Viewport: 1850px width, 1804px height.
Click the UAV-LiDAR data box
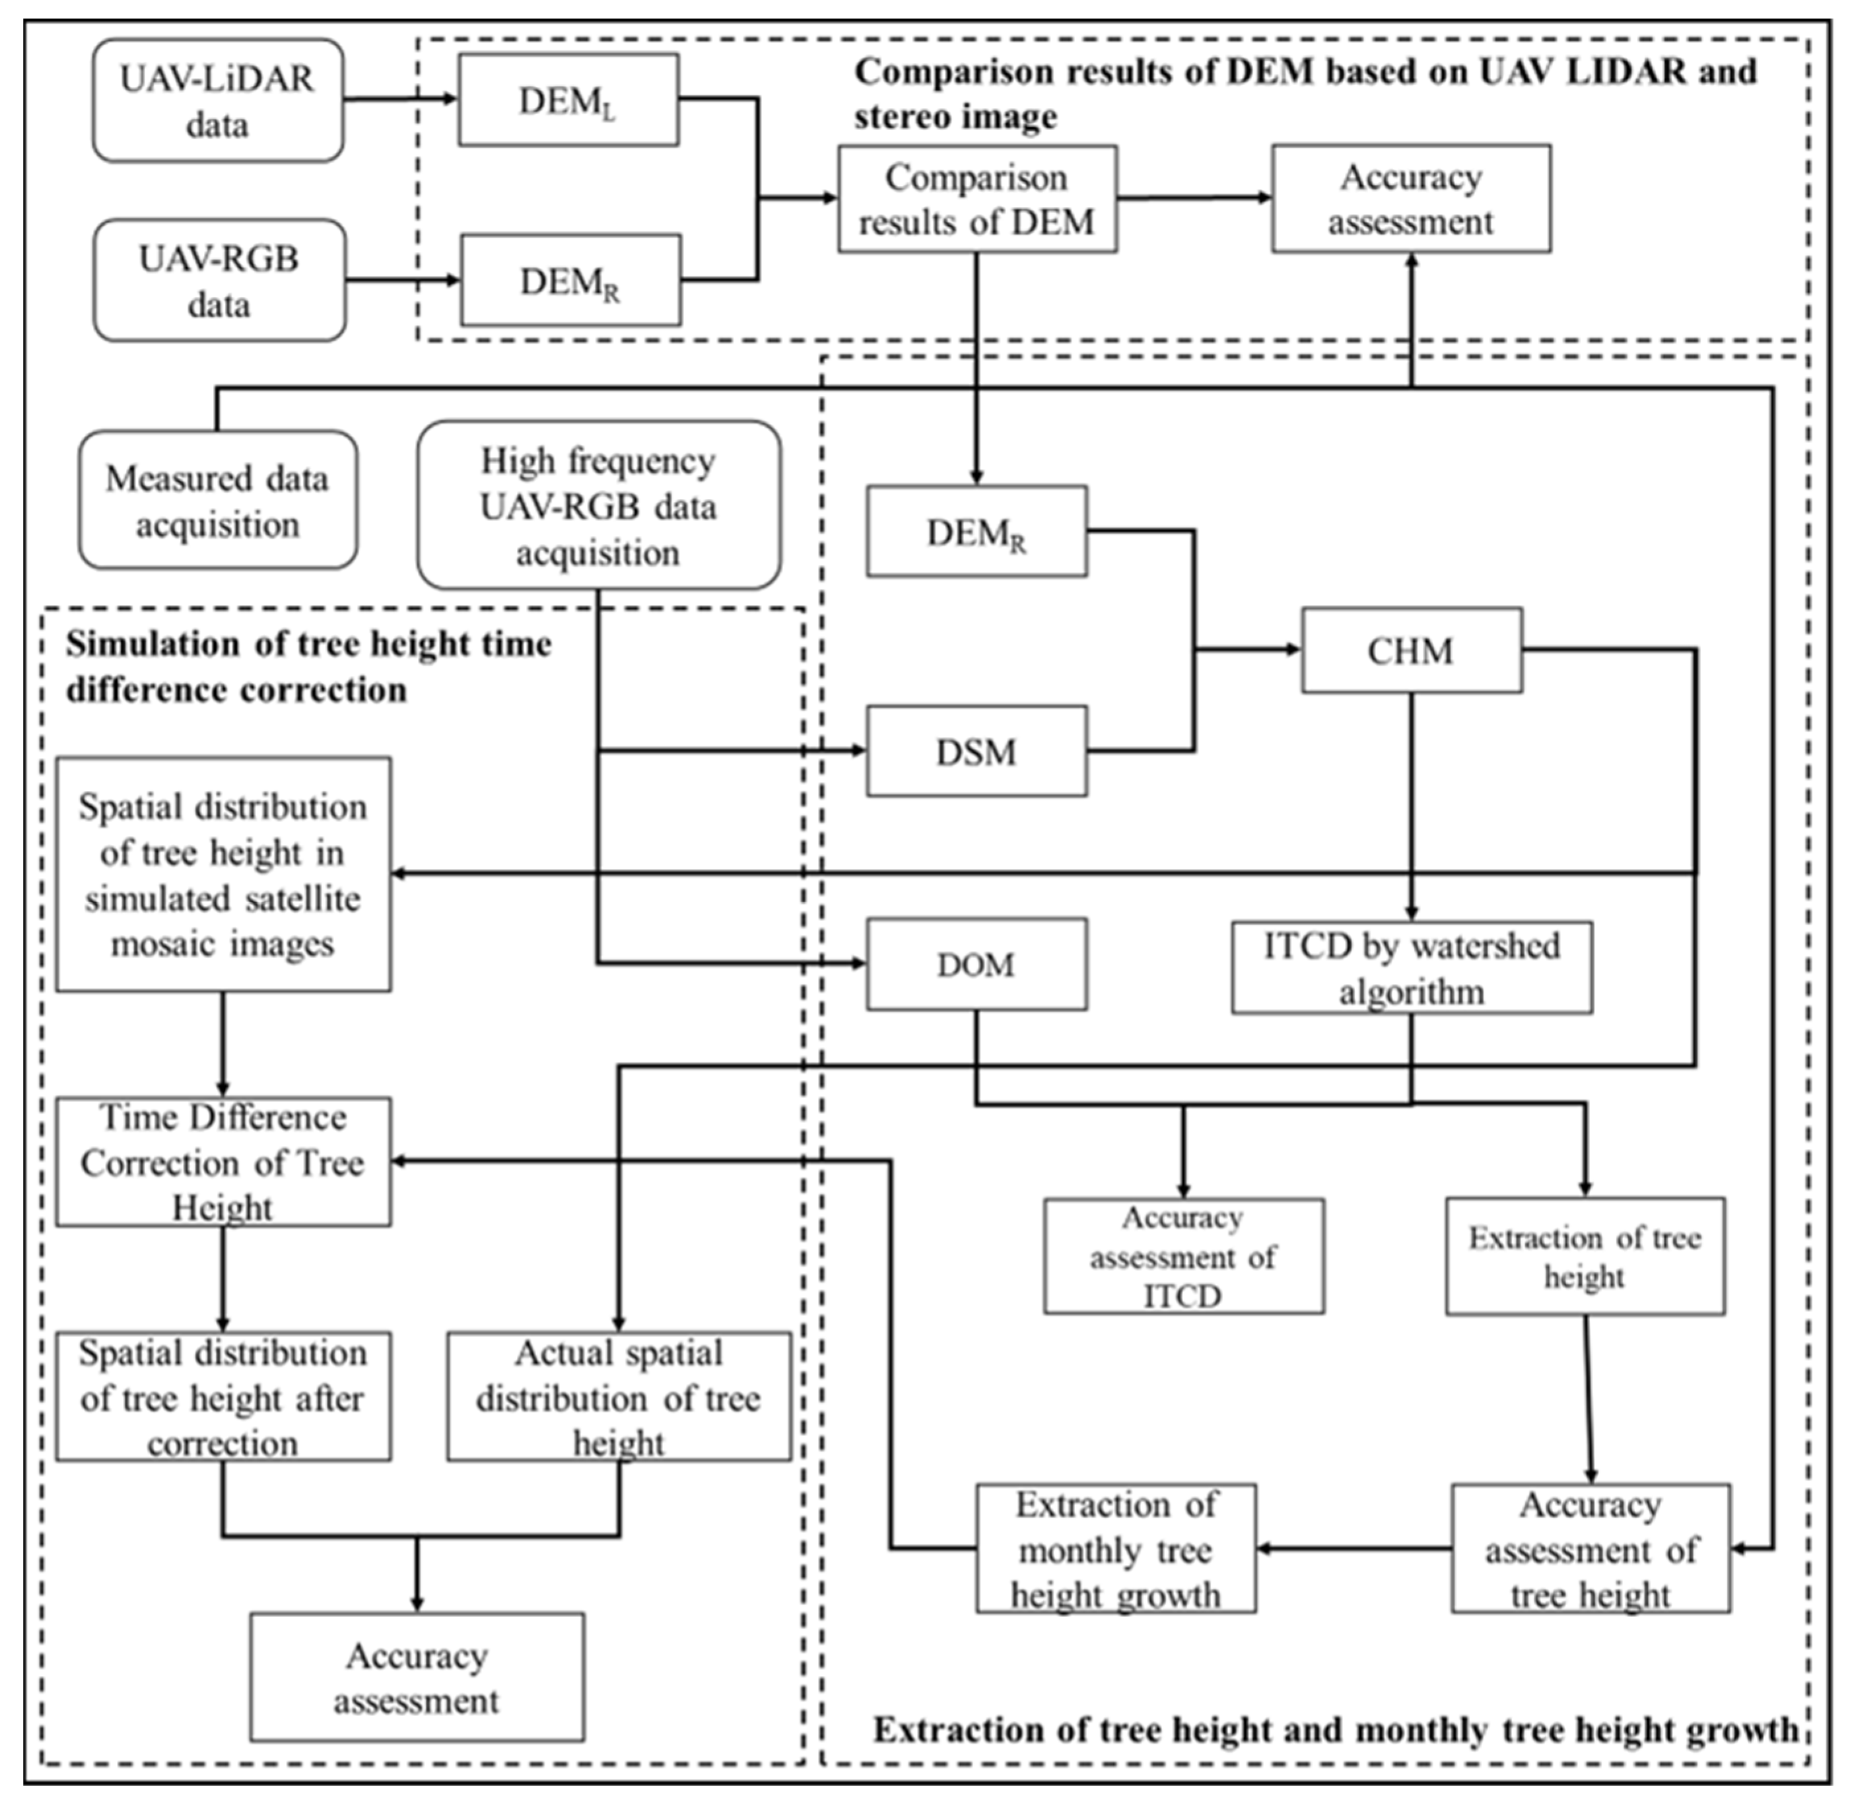tap(218, 100)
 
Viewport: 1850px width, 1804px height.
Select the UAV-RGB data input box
tap(219, 281)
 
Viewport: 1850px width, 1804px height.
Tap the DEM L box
tap(568, 100)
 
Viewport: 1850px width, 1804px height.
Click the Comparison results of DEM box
tap(976, 199)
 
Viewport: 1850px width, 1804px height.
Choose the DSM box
tap(976, 751)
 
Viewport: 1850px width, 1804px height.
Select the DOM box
tap(976, 965)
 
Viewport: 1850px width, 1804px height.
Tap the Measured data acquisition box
tap(218, 501)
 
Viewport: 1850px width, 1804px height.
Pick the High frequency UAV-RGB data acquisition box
tap(599, 506)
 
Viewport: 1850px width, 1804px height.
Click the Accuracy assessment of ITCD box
tap(1183, 1257)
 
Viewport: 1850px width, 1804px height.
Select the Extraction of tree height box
tap(1585, 1257)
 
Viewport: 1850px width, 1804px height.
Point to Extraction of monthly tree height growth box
tap(1116, 1549)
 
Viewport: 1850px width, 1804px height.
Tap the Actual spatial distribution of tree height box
tap(619, 1397)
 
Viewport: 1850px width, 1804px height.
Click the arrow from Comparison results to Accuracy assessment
tap(1194, 198)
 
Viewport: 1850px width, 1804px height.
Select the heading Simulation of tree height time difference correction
tap(308, 667)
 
